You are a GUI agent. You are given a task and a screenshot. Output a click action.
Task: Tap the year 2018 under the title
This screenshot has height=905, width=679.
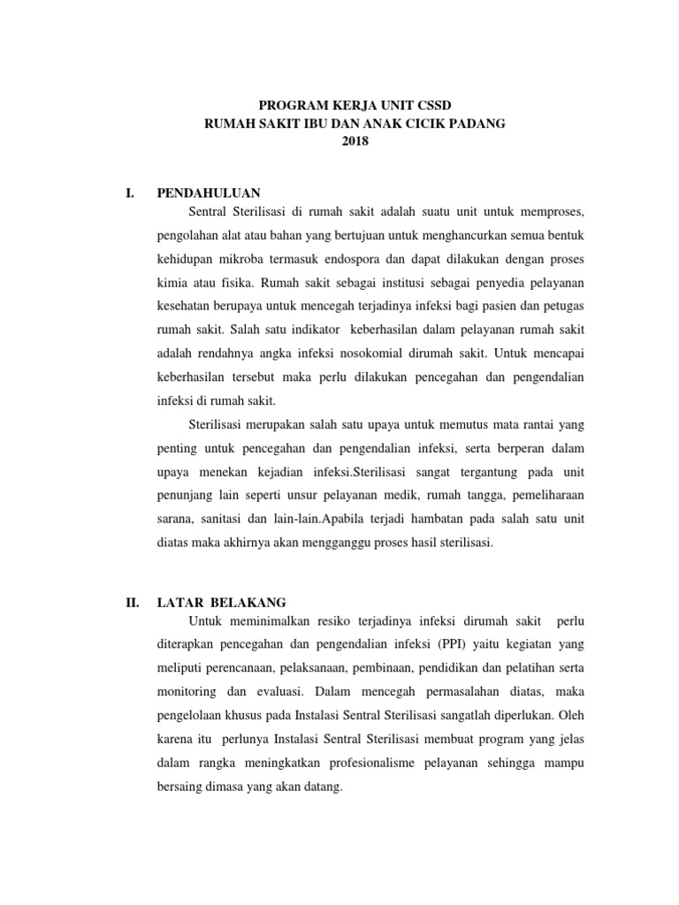354,141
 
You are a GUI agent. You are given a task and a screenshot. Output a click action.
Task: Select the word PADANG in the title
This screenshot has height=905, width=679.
477,124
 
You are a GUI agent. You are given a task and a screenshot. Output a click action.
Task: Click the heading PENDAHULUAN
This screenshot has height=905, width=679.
208,193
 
